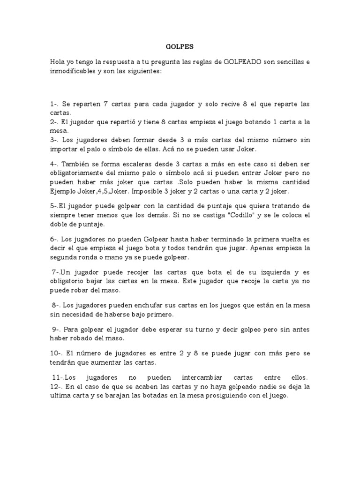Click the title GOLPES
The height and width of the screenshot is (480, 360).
click(180, 47)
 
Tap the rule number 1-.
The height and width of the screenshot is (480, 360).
click(55, 104)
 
